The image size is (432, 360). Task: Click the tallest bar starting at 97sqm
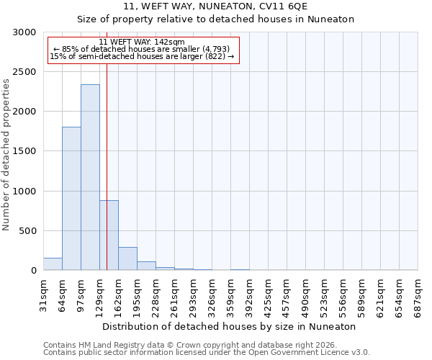[90, 177]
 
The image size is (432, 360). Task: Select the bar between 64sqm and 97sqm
[71, 199]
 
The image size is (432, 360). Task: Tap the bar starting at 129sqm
[109, 235]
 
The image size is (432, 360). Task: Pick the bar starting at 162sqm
[127, 258]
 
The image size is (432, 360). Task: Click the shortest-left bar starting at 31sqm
[53, 264]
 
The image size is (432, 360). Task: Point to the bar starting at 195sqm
[146, 266]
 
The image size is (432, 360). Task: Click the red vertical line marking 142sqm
[107, 166]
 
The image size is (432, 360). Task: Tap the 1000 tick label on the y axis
[27, 192]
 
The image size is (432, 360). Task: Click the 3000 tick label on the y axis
[27, 32]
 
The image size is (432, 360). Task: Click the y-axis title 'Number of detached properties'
[6, 155]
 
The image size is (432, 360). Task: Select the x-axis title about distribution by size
[230, 326]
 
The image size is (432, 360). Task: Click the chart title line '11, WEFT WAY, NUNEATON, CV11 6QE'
[215, 6]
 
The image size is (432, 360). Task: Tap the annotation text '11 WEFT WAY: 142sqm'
[142, 42]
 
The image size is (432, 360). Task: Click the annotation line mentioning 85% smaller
[142, 49]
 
